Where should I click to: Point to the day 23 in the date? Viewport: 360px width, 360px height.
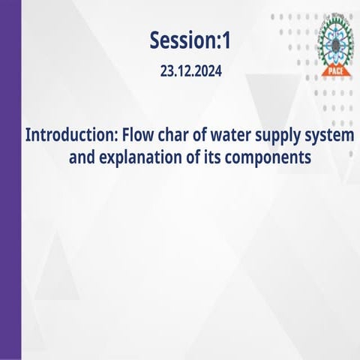tap(167, 73)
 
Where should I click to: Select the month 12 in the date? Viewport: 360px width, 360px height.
tap(184, 73)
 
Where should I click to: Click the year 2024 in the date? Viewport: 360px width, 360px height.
tap(208, 73)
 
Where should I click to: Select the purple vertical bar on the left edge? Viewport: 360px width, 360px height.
tap(10, 180)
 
